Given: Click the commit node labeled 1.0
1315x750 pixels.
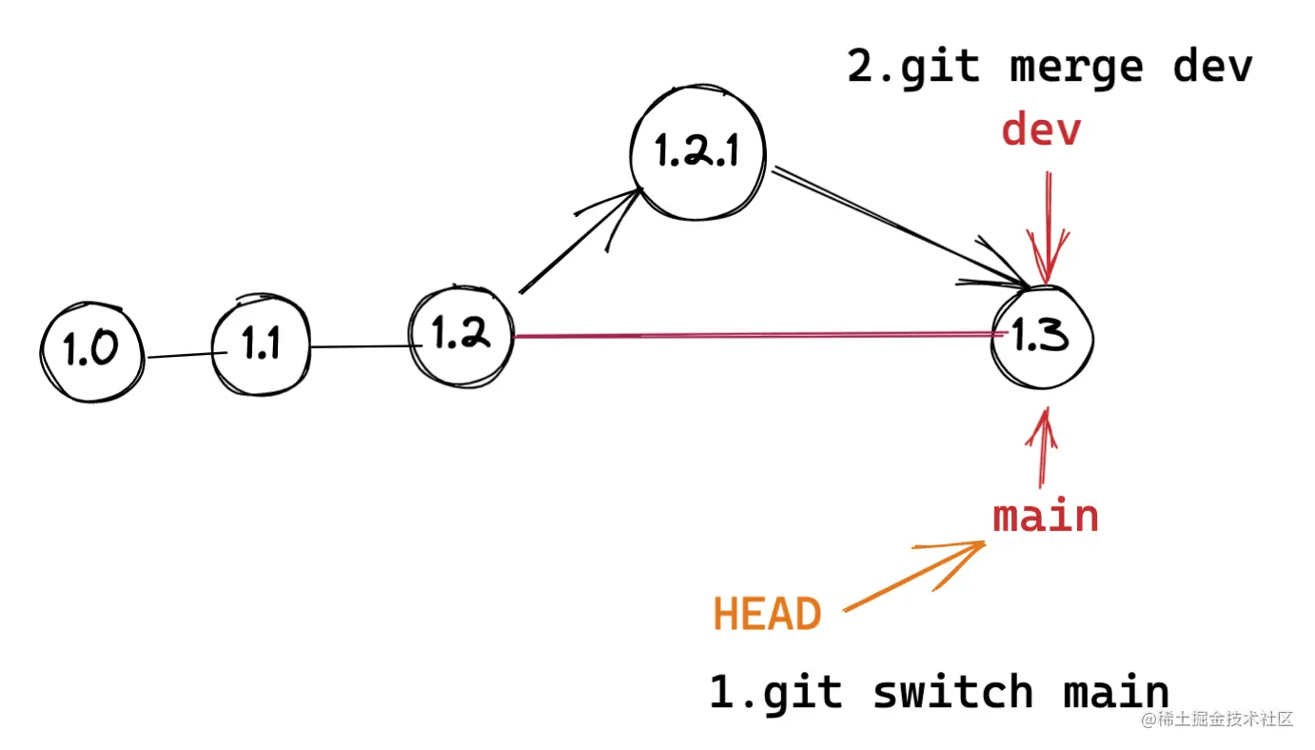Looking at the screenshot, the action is pyautogui.click(x=92, y=351).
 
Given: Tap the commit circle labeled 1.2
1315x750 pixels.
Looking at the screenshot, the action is pyautogui.click(x=461, y=335).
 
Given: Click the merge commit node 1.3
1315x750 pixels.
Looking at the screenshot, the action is pyautogui.click(x=1041, y=337).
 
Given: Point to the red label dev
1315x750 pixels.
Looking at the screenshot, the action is pyautogui.click(x=1041, y=130).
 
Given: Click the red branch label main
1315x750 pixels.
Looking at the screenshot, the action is pyautogui.click(x=1046, y=516).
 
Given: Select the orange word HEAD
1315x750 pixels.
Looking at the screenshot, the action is pyautogui.click(x=767, y=615).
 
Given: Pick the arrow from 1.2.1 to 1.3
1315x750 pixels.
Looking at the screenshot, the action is pyautogui.click(x=894, y=226).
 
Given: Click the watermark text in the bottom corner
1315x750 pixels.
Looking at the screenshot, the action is pyautogui.click(x=1218, y=719).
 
